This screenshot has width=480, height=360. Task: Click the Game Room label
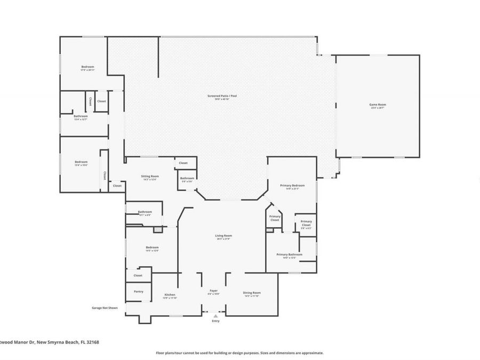click(x=378, y=105)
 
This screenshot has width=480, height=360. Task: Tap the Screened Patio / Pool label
click(x=222, y=96)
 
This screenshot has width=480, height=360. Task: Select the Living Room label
click(x=224, y=235)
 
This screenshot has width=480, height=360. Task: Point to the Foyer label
click(x=213, y=291)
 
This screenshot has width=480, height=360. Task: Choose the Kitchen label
click(x=170, y=294)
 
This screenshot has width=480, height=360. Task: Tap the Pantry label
click(x=139, y=291)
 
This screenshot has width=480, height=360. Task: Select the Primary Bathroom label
click(x=290, y=254)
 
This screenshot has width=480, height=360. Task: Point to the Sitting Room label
click(x=150, y=176)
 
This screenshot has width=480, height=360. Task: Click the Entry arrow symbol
click(x=215, y=316)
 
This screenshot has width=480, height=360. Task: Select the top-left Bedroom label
click(x=87, y=67)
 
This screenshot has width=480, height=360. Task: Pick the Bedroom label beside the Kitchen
click(x=153, y=247)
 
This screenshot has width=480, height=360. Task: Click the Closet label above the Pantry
click(x=138, y=275)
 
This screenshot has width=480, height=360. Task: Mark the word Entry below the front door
click(x=215, y=321)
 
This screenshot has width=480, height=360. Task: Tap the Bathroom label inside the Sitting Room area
click(x=187, y=178)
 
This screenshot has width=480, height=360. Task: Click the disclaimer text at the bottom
click(x=239, y=353)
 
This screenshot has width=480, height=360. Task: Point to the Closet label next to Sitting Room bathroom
click(x=183, y=163)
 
